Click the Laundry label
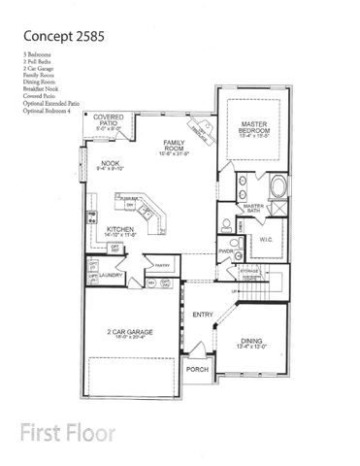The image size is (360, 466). pyautogui.click(x=110, y=275)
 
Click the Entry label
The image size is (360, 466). pyautogui.click(x=203, y=315)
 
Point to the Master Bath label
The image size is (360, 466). pyautogui.click(x=254, y=208)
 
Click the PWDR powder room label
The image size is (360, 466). pyautogui.click(x=225, y=250)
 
